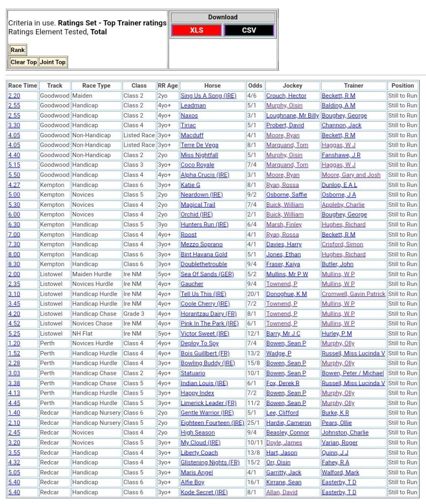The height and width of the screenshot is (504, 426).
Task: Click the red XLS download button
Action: coord(197,31)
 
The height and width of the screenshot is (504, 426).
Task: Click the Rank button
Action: coord(18,50)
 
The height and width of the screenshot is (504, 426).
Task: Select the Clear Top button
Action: coord(24,62)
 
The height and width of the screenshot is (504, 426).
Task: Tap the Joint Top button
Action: coord(53,62)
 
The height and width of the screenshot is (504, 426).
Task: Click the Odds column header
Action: coord(255,86)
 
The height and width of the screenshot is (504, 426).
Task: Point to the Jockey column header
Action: coord(293,86)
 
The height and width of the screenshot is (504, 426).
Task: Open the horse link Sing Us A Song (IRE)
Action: coord(208,96)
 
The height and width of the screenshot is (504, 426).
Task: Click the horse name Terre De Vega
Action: coord(199,145)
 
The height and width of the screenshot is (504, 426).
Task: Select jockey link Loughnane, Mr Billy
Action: coord(293,116)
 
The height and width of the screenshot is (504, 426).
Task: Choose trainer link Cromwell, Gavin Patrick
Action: coord(354,294)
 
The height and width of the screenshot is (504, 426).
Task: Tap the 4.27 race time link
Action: coord(14,185)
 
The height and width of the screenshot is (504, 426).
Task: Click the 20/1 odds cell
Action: coord(254,294)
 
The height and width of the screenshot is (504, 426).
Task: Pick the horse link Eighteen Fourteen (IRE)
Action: coord(212,423)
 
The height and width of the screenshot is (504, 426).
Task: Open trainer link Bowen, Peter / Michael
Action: coord(353,373)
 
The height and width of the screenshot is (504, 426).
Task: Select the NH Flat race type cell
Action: coord(84,333)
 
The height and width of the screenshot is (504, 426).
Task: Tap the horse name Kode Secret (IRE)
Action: coord(204,492)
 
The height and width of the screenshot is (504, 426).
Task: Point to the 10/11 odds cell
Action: coord(255,442)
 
